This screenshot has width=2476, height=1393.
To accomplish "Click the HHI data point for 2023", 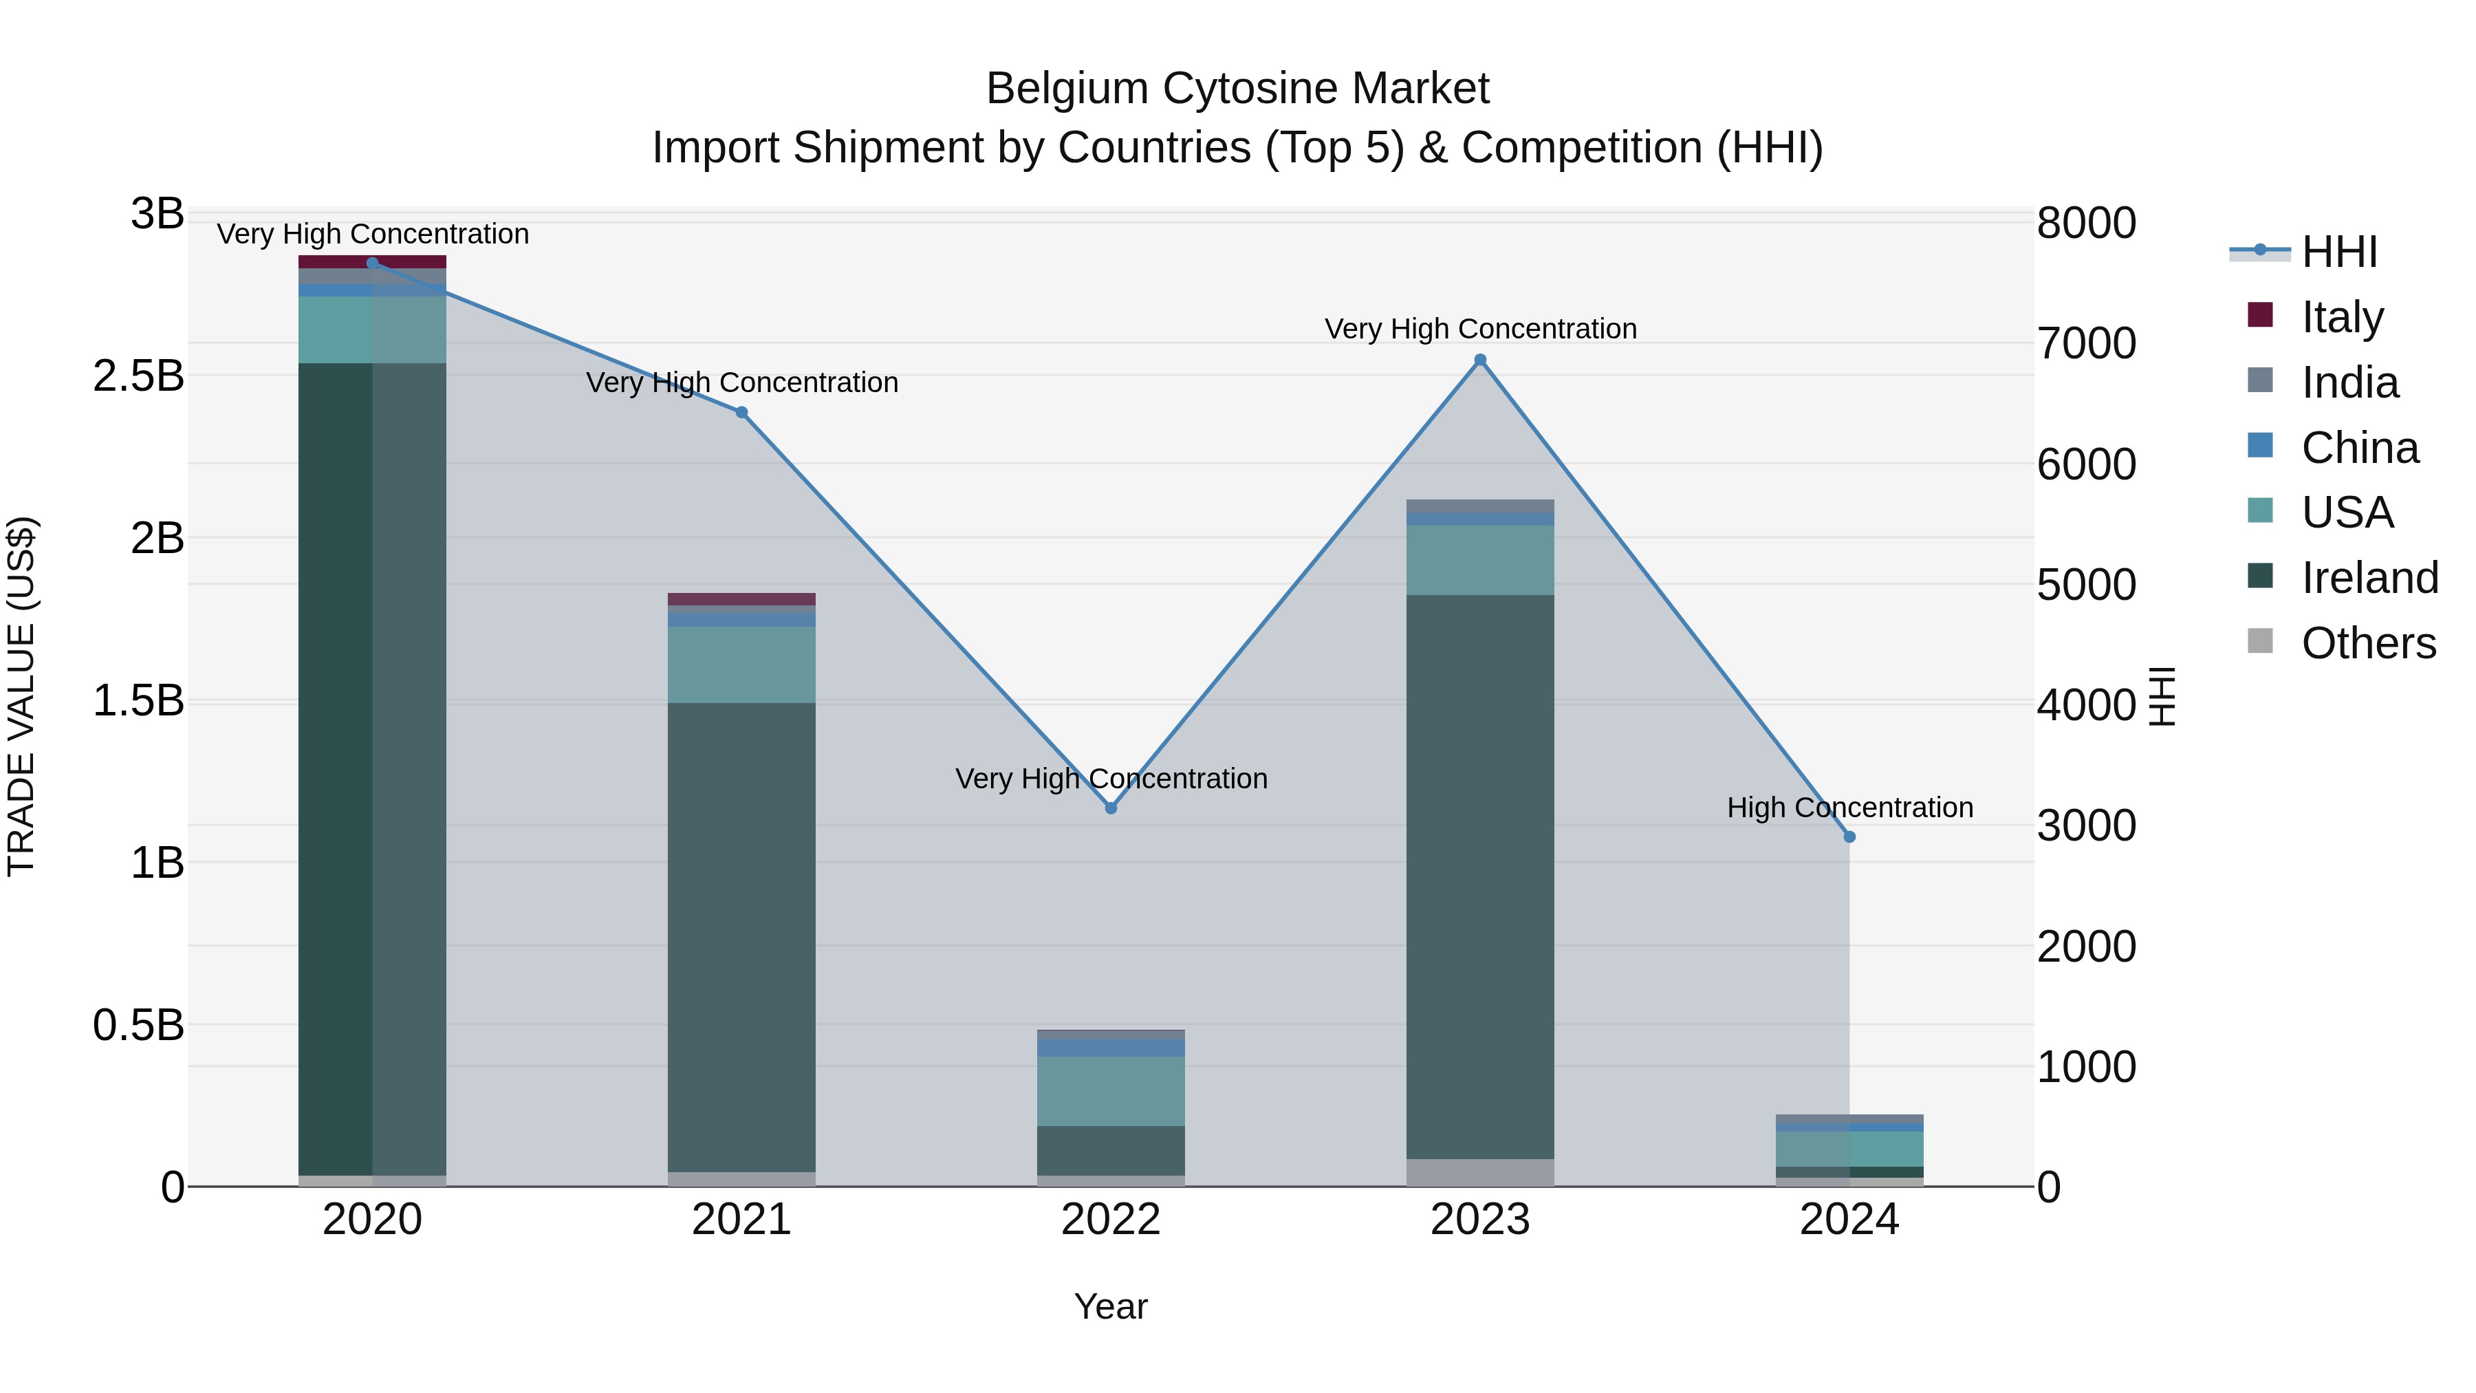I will pos(1480,360).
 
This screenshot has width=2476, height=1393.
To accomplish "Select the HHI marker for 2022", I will pos(1111,808).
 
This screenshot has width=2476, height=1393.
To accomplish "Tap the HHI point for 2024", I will pos(1849,837).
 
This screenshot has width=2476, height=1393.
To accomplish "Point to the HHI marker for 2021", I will pos(741,413).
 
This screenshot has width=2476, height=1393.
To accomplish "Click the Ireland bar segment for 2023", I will pos(1480,877).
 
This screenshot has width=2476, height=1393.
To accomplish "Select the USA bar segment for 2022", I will pos(1111,1091).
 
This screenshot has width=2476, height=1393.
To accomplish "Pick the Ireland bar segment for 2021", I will pos(741,938).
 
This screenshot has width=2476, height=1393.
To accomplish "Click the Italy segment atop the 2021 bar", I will pos(741,599).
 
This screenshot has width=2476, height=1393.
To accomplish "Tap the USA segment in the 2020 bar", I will pos(372,330).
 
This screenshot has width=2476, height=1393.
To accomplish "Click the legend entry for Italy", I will pos(2343,317).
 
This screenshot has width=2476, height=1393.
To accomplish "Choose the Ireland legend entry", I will pos(2369,578).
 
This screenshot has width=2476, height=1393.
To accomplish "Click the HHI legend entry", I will pos(2338,252).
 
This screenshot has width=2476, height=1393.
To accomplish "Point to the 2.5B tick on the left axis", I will pos(138,376).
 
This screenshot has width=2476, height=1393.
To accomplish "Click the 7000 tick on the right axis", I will pos(2086,344).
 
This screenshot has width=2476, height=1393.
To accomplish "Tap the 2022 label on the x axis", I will pos(1111,1220).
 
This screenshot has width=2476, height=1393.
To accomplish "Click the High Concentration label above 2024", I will pos(1849,808).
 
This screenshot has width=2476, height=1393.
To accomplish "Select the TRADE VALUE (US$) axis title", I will pos(22,696).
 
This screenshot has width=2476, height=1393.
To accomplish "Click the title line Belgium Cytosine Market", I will pos(1237,89).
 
